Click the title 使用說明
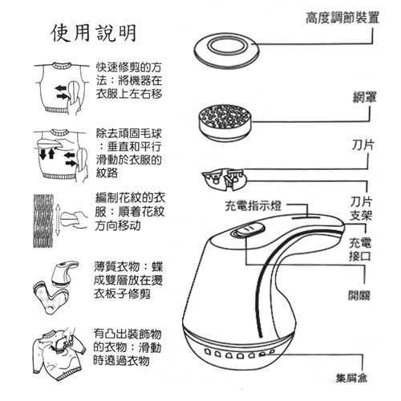[x=94, y=33]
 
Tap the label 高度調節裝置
[x=342, y=18]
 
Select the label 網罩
[x=365, y=97]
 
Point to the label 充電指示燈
[x=253, y=206]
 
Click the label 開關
[x=359, y=295]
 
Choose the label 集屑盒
[x=352, y=378]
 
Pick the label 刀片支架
[x=361, y=209]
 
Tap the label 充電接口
[x=360, y=249]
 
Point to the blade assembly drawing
[x=224, y=179]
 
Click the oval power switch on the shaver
[x=248, y=230]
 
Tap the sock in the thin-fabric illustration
[x=50, y=297]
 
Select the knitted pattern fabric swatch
[x=43, y=221]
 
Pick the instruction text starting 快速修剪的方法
[x=129, y=80]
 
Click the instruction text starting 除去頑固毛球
[x=129, y=153]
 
